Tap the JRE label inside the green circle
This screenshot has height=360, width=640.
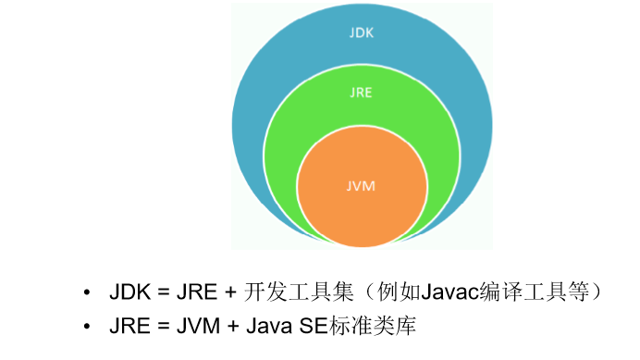tap(362, 94)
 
